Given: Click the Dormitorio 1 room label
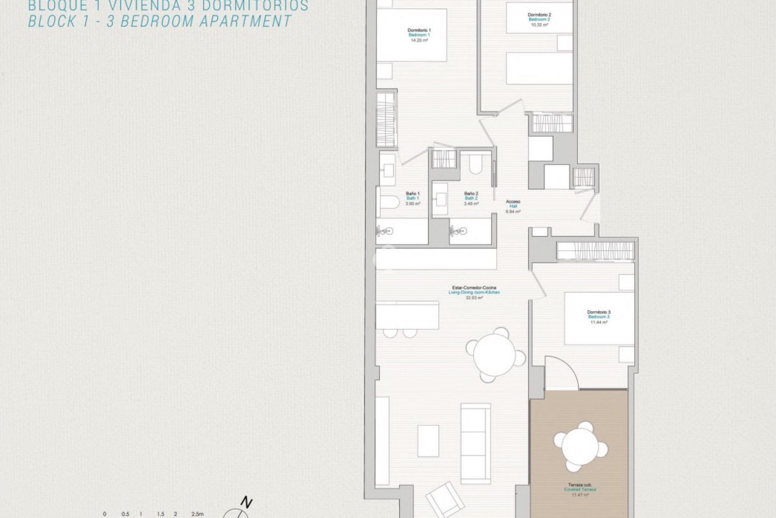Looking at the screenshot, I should point(419,30).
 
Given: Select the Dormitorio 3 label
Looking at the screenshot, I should point(599,312).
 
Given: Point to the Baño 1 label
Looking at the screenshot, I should point(413,193).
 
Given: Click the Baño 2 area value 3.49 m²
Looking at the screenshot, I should point(471,204).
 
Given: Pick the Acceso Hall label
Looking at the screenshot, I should point(513,202).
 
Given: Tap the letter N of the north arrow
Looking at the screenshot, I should point(247,503).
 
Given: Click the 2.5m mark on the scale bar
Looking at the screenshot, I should point(197,514).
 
